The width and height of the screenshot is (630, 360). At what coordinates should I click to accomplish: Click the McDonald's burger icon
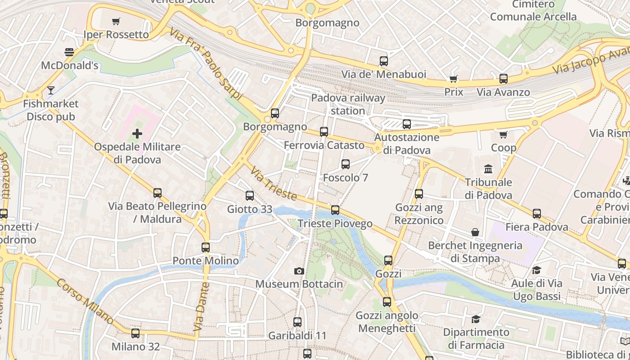(x=69, y=52)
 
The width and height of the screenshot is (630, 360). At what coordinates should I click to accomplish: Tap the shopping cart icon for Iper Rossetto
(x=116, y=21)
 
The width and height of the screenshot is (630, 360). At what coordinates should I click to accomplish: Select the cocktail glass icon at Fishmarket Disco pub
(x=51, y=90)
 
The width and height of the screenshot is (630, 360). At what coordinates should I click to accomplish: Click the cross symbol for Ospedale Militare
(x=137, y=134)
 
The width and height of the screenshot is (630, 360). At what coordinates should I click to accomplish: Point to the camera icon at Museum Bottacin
(x=299, y=271)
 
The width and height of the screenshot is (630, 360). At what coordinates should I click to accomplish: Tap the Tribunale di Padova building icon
(x=488, y=169)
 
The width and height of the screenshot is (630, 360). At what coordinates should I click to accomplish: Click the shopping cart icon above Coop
(x=504, y=135)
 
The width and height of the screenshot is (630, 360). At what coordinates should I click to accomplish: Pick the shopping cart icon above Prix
(x=454, y=79)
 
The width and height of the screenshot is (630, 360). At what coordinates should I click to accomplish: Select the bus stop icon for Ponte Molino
(x=206, y=247)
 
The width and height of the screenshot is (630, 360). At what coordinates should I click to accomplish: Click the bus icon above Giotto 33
(x=250, y=196)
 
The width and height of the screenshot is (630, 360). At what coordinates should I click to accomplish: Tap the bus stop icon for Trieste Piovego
(x=335, y=210)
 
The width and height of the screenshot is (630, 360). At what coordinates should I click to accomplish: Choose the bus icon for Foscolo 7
(x=346, y=164)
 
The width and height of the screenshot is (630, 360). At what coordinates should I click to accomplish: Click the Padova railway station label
(x=348, y=104)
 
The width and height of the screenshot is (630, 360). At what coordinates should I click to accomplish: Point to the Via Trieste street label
(x=274, y=184)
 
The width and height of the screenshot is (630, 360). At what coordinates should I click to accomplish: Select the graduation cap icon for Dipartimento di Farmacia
(x=476, y=319)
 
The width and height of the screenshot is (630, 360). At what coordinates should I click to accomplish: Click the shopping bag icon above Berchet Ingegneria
(x=475, y=232)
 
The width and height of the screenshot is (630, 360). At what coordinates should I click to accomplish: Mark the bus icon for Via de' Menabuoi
(x=384, y=61)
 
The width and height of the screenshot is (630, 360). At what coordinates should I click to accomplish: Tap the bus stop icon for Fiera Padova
(x=537, y=214)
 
